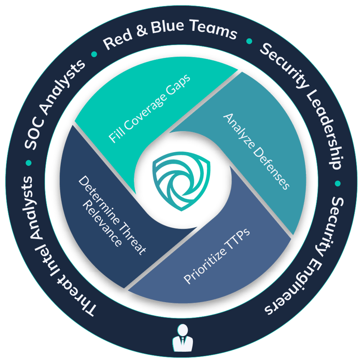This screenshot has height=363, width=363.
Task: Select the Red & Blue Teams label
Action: [170, 39]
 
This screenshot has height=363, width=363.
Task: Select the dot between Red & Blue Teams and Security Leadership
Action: [249, 41]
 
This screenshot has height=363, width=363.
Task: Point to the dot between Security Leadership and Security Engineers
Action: [337, 184]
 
